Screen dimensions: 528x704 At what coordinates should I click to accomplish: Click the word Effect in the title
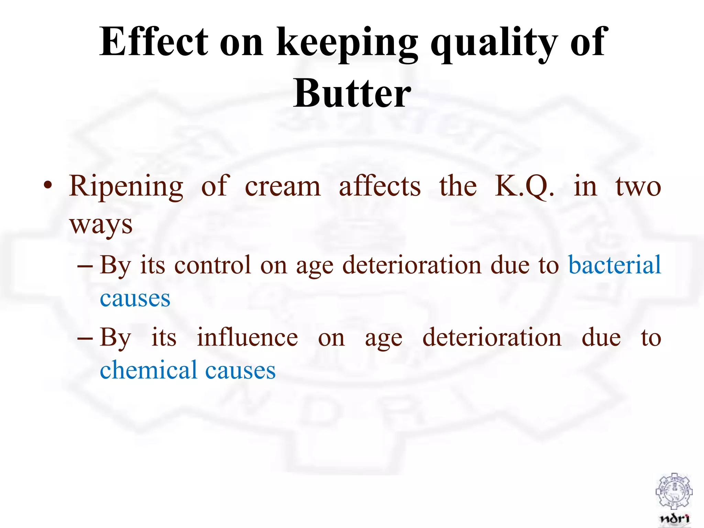point(154,42)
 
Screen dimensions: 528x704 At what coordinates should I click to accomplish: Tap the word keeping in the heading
point(347,43)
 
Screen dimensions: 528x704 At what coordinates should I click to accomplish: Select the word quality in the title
point(494,43)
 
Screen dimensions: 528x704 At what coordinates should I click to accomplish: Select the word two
point(638,187)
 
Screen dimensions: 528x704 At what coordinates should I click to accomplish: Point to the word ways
point(101,225)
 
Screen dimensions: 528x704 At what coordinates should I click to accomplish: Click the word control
point(212,265)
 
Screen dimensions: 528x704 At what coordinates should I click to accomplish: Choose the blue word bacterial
point(615,265)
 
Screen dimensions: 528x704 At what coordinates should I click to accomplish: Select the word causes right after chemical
point(240,371)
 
